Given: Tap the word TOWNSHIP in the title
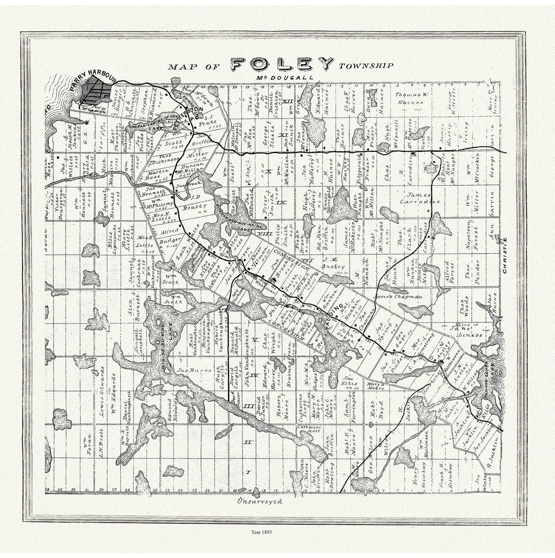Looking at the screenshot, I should click(366, 66).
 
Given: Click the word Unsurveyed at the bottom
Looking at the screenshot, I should click(260, 502).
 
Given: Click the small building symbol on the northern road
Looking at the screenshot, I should click(413, 154).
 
